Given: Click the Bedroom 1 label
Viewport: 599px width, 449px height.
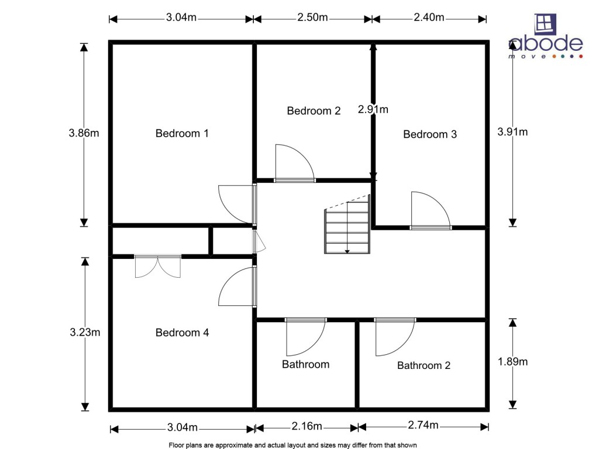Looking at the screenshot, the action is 182,133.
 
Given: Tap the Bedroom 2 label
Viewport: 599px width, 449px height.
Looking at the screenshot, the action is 314,111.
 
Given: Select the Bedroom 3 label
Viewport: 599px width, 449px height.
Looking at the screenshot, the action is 430,134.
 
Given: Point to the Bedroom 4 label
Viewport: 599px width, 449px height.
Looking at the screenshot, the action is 182,333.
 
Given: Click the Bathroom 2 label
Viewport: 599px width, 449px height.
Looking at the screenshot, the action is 424,365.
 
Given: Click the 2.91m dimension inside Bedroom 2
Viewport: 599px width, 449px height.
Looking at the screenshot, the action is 373,109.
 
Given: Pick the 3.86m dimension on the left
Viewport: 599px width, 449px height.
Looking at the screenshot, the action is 84,133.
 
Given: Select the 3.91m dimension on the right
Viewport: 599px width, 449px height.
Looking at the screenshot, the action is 512,132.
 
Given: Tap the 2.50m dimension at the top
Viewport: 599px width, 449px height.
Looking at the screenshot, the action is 312,18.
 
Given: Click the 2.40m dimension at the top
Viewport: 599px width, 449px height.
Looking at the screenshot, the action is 429,18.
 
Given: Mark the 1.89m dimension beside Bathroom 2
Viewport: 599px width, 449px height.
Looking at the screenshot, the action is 512,362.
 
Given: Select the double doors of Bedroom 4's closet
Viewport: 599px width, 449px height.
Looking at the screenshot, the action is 157,267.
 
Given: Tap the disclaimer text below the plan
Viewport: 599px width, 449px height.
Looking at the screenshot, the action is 292,445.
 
